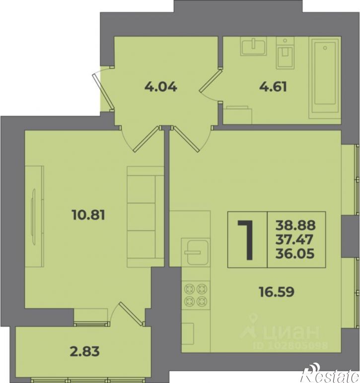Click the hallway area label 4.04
click(160, 87)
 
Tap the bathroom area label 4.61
click(273, 87)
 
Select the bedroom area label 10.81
click(88, 215)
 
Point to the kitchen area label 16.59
click(277, 292)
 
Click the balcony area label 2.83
click(84, 352)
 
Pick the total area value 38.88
click(295, 225)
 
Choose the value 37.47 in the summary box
click(294, 239)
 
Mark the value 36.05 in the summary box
click(295, 254)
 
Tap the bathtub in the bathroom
click(325, 78)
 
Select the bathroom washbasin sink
click(253, 46)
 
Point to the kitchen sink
click(195, 253)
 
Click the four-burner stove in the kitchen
click(196, 296)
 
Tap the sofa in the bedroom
click(145, 216)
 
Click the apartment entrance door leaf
click(103, 92)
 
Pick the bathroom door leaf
click(211, 80)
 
